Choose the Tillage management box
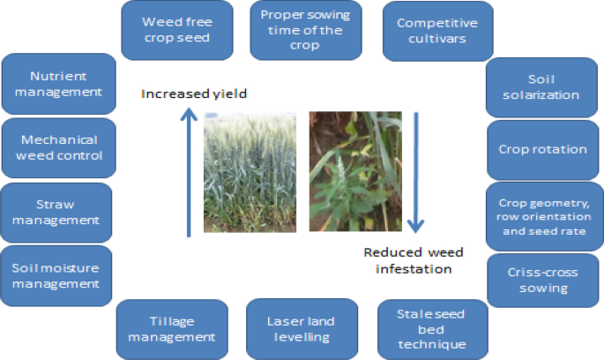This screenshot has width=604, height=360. click(x=172, y=328)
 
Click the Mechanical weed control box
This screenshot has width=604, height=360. click(x=60, y=148)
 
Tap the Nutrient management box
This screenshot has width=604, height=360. click(x=60, y=84)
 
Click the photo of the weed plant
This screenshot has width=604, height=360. click(x=349, y=172)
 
